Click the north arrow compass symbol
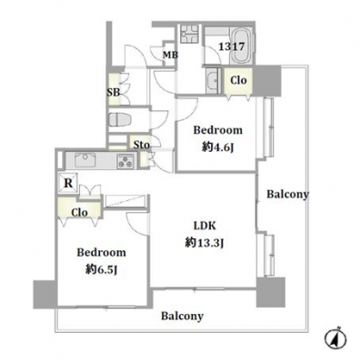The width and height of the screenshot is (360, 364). coord(335,339)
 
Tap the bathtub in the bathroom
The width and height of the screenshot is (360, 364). coord(241,45)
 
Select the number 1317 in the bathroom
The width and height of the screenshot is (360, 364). coord(232,46)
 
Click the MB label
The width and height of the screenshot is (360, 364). coord(170,56)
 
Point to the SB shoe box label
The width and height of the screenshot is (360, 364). coord(114,92)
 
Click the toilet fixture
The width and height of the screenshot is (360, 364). coord(119,119)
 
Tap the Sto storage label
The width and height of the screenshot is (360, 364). coord(141,145)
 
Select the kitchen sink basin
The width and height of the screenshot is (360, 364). coord(85,159)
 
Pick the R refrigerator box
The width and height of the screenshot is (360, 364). coord(68,183)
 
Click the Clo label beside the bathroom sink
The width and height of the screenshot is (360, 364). coord(238,80)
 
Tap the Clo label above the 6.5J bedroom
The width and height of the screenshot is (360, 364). coord(79,212)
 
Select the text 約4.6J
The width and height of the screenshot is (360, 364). coord(218,147)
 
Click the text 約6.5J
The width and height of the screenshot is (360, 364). coord(101,269)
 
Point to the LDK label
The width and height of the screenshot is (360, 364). coord(205,226)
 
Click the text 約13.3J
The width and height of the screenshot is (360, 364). coord(205,243)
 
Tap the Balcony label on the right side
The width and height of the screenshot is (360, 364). coord(287,194)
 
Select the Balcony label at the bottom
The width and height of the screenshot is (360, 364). coord(182,316)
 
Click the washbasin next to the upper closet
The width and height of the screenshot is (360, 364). coord(214,80)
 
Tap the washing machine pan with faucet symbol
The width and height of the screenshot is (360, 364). coord(190,34)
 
